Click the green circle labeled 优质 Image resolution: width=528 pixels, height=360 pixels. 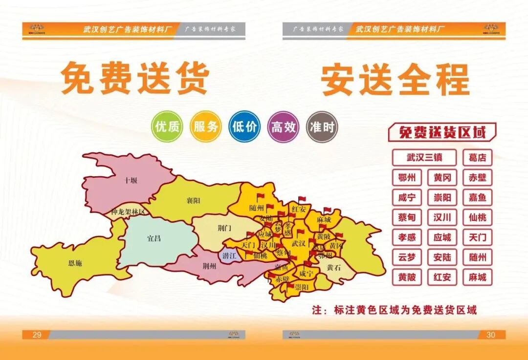(x=167, y=127)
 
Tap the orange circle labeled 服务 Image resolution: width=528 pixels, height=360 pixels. (x=206, y=127)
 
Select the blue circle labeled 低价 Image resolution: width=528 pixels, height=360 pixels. (x=244, y=127)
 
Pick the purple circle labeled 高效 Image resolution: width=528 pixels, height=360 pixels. (x=283, y=127)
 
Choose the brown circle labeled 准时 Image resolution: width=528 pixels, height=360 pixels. (x=322, y=127)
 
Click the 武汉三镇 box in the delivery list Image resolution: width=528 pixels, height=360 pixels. (x=424, y=158)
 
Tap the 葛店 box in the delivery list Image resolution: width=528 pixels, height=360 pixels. (x=477, y=158)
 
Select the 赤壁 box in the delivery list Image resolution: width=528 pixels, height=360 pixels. (x=477, y=178)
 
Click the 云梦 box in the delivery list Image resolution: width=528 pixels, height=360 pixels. (x=407, y=257)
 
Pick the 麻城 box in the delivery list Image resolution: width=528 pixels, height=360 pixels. (x=477, y=277)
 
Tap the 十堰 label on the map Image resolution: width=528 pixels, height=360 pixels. (x=131, y=180)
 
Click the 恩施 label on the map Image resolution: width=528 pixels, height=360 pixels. (x=75, y=263)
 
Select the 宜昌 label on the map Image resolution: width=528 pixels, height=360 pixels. (x=154, y=239)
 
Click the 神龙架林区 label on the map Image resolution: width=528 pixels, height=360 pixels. (x=128, y=212)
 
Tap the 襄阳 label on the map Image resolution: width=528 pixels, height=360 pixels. (x=193, y=200)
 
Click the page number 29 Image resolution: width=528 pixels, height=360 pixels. (x=37, y=335)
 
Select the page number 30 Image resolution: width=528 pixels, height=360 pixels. (x=490, y=335)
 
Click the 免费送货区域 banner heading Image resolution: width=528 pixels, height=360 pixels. (x=442, y=132)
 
